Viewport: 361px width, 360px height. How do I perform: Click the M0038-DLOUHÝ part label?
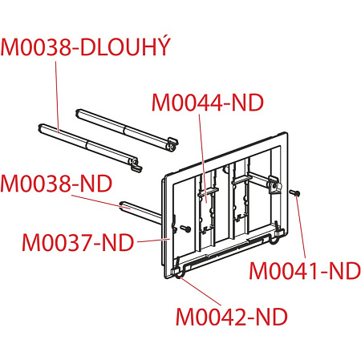coord(86,47)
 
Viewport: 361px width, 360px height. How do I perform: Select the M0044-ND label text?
coord(208,103)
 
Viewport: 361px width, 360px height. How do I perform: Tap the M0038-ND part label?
coord(56,184)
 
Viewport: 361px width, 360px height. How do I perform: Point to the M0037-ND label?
coord(78,242)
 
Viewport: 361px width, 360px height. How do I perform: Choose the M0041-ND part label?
coord(305,271)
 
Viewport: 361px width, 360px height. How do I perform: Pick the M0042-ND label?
coord(232,317)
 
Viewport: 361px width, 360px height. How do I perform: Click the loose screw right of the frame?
coord(295,192)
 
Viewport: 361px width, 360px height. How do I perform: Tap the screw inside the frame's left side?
coord(185,229)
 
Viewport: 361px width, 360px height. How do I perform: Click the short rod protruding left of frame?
coord(140,212)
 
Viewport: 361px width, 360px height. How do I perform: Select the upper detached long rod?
coord(127,129)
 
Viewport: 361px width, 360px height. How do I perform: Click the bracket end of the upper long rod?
coord(172,144)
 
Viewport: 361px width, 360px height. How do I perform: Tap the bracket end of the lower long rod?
coord(136,164)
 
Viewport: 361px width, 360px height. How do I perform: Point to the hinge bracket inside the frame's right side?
coord(274,185)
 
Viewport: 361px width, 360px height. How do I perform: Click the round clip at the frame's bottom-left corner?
coord(180,274)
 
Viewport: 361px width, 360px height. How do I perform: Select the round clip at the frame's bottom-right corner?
coord(275,237)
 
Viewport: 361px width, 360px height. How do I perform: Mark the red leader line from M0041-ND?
coord(300,227)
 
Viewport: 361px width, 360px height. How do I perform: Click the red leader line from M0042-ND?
coord(201,291)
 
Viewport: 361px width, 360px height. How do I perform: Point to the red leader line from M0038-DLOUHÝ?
coord(57,97)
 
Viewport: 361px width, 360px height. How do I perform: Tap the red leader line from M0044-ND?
coord(203,158)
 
